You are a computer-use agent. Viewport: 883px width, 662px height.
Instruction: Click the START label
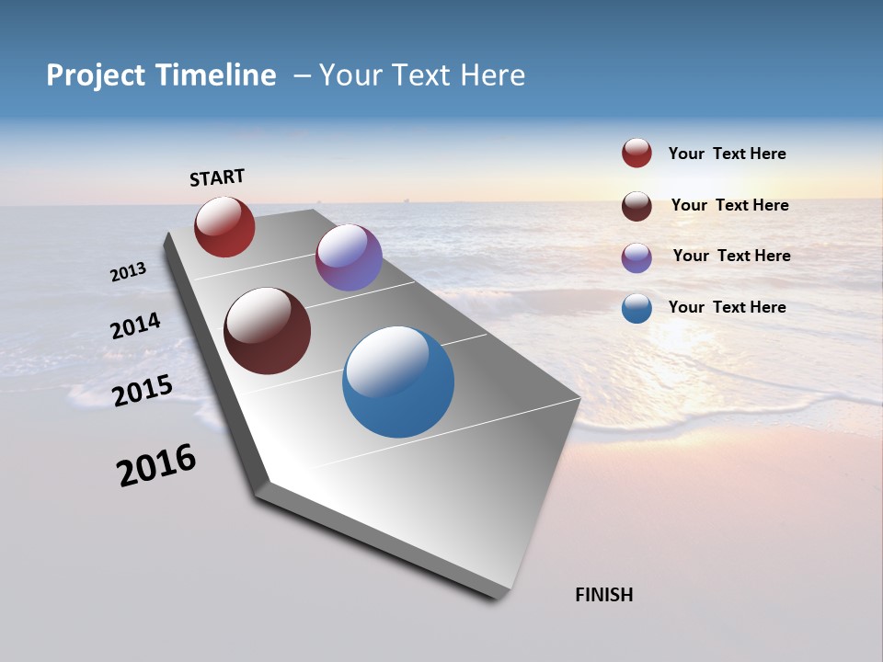[x=217, y=177]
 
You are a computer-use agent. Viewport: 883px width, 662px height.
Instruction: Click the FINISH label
[x=603, y=595]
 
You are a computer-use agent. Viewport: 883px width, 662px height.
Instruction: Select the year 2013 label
[x=128, y=272]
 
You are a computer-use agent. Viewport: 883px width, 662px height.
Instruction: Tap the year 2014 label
[x=135, y=326]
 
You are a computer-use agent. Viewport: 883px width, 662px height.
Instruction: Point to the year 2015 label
[x=142, y=391]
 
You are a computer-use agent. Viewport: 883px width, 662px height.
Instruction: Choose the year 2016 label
[x=156, y=465]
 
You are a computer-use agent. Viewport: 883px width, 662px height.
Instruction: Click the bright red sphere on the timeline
[x=224, y=226]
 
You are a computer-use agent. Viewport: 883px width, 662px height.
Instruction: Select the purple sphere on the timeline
[x=349, y=257]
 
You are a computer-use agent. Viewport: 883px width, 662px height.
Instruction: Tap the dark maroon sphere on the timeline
[x=268, y=331]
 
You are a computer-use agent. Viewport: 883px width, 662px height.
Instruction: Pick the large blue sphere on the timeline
[x=398, y=382]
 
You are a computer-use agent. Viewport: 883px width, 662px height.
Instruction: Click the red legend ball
[x=636, y=154]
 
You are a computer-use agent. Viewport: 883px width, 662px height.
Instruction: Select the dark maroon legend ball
[x=636, y=205]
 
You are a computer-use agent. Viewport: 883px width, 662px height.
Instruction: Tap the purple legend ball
[x=636, y=257]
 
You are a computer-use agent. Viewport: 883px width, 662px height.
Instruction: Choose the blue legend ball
[x=636, y=308]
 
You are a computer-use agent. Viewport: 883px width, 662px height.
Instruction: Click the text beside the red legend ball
[x=727, y=154]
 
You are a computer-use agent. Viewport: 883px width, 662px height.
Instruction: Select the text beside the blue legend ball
[x=727, y=307]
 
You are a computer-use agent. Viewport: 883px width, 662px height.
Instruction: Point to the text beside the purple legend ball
[x=731, y=256]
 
